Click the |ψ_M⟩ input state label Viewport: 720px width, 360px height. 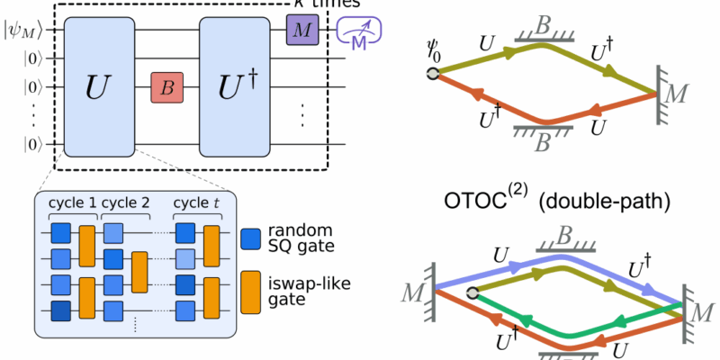[20, 32]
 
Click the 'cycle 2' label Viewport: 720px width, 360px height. [125, 202]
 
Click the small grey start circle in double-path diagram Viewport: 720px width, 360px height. [472, 292]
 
